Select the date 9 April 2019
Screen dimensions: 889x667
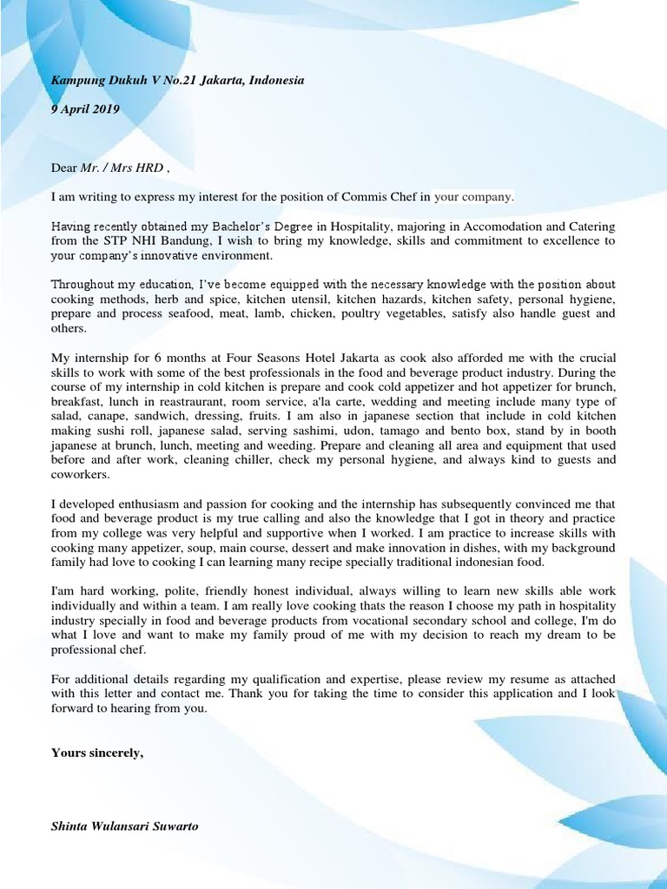click(x=85, y=109)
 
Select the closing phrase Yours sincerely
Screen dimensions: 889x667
click(x=96, y=753)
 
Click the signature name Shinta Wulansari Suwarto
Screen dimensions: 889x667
click(x=124, y=826)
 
